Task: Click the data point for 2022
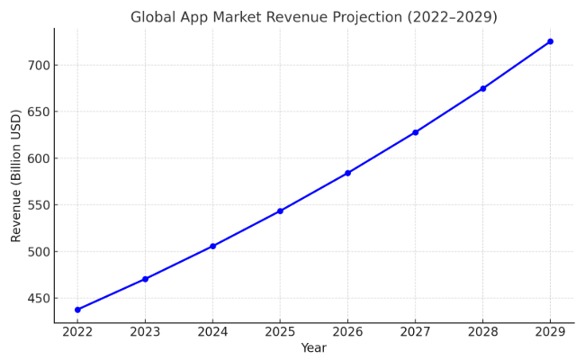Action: click(x=77, y=310)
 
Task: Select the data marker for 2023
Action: click(x=145, y=279)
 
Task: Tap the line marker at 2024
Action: click(x=212, y=246)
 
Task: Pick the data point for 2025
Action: click(x=280, y=211)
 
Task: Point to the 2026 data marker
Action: click(x=347, y=173)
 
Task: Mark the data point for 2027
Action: click(x=415, y=132)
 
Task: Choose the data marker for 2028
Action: click(x=482, y=88)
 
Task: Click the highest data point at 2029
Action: click(x=550, y=41)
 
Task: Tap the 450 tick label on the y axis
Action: click(x=35, y=298)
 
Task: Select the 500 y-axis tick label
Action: click(x=35, y=252)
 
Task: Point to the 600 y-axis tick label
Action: click(x=35, y=158)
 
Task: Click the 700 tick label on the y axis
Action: click(x=35, y=66)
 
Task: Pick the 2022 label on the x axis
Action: click(x=77, y=332)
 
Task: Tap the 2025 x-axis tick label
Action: click(x=280, y=332)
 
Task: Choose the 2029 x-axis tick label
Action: click(x=550, y=332)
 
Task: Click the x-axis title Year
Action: click(x=313, y=348)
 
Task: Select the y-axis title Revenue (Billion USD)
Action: click(x=16, y=175)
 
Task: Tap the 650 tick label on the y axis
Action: click(x=35, y=112)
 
